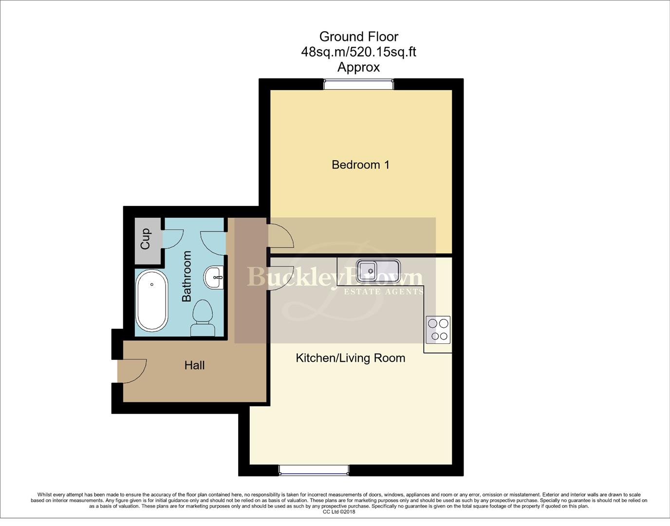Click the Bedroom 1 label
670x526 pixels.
(x=360, y=165)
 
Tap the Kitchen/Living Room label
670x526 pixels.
(x=351, y=358)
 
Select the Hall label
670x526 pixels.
(x=194, y=365)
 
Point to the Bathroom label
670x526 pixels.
(x=186, y=276)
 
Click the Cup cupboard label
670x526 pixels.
(x=145, y=239)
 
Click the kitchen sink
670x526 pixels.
(x=378, y=271)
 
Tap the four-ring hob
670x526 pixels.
(x=438, y=330)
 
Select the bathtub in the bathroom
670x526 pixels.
(x=151, y=301)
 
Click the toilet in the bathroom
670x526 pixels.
(x=203, y=317)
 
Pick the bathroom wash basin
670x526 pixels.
(x=214, y=278)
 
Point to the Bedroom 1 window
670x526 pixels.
(x=359, y=84)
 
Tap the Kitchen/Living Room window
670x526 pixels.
(x=314, y=470)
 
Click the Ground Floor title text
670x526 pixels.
(x=359, y=37)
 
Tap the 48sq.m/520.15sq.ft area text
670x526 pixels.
(x=359, y=52)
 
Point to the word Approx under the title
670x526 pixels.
(x=359, y=67)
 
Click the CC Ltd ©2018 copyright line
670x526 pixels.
(x=339, y=512)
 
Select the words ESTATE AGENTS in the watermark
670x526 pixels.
(x=384, y=292)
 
